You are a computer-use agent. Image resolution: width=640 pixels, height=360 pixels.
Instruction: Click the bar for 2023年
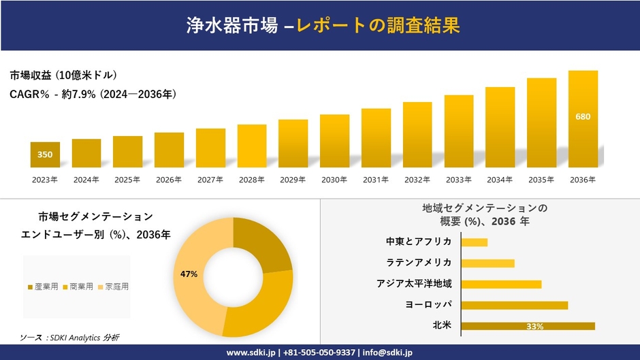(x=45, y=154)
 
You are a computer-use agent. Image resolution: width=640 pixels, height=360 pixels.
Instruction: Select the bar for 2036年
(x=583, y=119)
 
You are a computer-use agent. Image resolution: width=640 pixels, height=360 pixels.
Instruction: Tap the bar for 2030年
(x=334, y=141)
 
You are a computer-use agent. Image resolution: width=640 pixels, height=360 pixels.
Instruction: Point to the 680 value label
(x=583, y=116)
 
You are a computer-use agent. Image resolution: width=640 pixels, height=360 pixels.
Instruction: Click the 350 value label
(x=45, y=154)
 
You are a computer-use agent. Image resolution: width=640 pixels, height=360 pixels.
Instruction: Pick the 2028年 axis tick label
(x=251, y=180)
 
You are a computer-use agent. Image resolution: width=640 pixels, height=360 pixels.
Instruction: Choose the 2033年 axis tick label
(x=458, y=180)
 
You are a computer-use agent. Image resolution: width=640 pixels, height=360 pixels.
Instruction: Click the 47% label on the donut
(x=189, y=274)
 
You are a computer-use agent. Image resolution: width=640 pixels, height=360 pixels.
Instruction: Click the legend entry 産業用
(x=43, y=287)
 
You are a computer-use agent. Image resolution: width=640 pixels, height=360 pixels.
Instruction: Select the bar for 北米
(x=528, y=326)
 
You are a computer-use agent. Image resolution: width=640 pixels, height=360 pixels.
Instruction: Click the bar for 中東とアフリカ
(x=475, y=242)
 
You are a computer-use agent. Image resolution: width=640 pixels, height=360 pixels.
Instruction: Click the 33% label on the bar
(x=534, y=327)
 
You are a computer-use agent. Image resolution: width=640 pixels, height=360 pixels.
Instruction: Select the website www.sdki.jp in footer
(x=251, y=353)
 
